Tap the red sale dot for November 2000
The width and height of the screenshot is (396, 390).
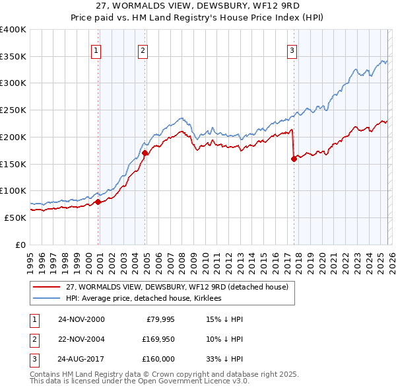(98, 202)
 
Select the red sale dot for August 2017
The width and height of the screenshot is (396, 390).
(293, 159)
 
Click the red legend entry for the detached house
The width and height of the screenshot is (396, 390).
(177, 288)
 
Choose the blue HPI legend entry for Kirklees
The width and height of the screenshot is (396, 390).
(143, 299)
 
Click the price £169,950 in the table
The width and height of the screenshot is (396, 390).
(158, 339)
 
